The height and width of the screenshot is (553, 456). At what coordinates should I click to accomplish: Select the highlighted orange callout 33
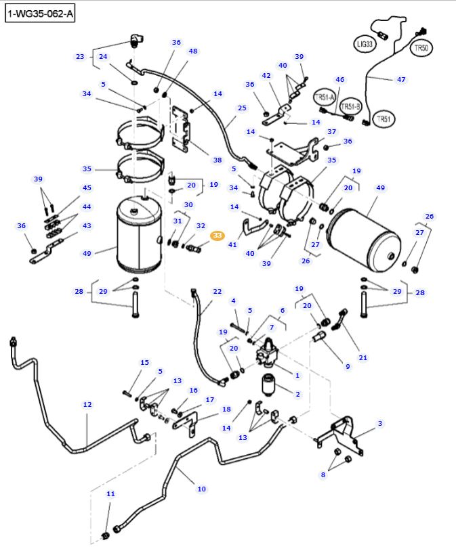217,236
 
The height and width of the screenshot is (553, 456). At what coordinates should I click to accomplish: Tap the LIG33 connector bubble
364,44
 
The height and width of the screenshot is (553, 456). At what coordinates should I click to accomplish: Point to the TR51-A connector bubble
323,97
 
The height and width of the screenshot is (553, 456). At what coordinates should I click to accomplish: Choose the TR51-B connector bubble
350,107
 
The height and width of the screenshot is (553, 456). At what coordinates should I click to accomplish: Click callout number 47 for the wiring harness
401,79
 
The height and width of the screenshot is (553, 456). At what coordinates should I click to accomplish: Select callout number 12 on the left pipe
87,404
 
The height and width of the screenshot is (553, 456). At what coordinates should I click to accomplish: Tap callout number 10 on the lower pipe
201,489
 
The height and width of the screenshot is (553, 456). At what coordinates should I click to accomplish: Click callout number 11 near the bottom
110,494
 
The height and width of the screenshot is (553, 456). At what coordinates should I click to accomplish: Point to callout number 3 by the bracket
380,424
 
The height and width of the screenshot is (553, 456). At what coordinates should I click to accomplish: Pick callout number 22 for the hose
217,292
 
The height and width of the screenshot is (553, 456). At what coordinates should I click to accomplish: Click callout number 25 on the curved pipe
242,108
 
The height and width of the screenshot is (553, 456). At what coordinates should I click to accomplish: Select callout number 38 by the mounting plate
217,160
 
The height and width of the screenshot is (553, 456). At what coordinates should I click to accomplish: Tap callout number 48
193,51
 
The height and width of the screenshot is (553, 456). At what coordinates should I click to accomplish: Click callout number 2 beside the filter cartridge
296,393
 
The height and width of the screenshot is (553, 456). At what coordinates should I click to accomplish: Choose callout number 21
363,357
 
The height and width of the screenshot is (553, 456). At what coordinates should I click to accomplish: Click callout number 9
348,366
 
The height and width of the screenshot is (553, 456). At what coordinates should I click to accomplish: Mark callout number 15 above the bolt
144,363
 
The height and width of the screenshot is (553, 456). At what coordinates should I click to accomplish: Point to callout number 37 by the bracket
331,131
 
